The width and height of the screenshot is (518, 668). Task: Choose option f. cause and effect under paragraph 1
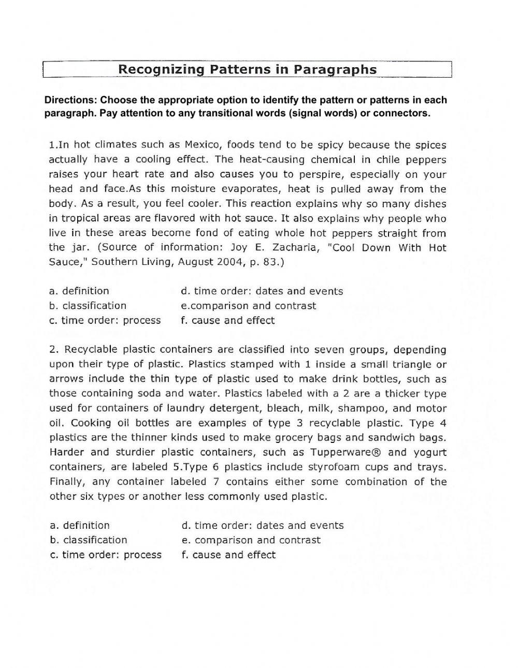(228, 321)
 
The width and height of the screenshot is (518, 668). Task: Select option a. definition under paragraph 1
(79, 291)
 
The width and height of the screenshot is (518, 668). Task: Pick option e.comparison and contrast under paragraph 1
(248, 306)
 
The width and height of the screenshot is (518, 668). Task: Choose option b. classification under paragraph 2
(89, 540)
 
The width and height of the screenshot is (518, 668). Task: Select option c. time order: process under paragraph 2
(106, 555)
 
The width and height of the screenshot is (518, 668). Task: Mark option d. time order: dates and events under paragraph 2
(263, 526)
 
